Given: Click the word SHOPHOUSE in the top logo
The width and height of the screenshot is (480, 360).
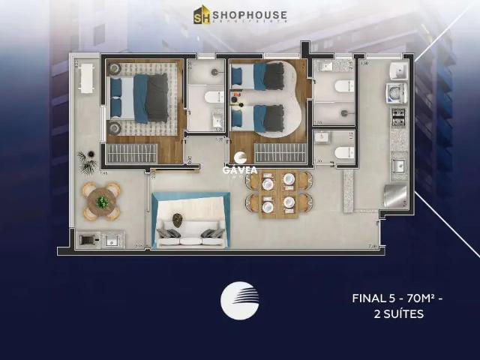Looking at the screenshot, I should point(249,13).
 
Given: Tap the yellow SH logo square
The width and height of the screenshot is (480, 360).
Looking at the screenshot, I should point(202,15).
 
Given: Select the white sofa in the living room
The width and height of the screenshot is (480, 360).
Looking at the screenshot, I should point(190,234).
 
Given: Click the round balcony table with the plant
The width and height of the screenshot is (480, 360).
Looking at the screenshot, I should point(101,202).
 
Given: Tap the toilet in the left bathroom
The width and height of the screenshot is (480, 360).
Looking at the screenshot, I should point(212,97).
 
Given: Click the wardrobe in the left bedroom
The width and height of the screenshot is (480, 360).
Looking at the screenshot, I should point(131,153).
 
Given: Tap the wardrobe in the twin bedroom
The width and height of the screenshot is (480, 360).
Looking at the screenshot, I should point(280,153).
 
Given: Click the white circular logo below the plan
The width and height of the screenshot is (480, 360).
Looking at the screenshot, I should point(239,301).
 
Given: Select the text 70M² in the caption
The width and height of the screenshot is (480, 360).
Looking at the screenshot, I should point(411,298).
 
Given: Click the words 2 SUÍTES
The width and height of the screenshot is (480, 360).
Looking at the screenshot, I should point(398,314).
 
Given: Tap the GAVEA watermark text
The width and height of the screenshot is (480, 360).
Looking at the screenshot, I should point(240,169).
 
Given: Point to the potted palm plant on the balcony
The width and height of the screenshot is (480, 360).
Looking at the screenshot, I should point(85,158).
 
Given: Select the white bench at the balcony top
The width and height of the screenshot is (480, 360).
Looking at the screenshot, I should point(86,78).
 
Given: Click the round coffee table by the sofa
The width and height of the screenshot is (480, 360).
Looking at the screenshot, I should point(178,219).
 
